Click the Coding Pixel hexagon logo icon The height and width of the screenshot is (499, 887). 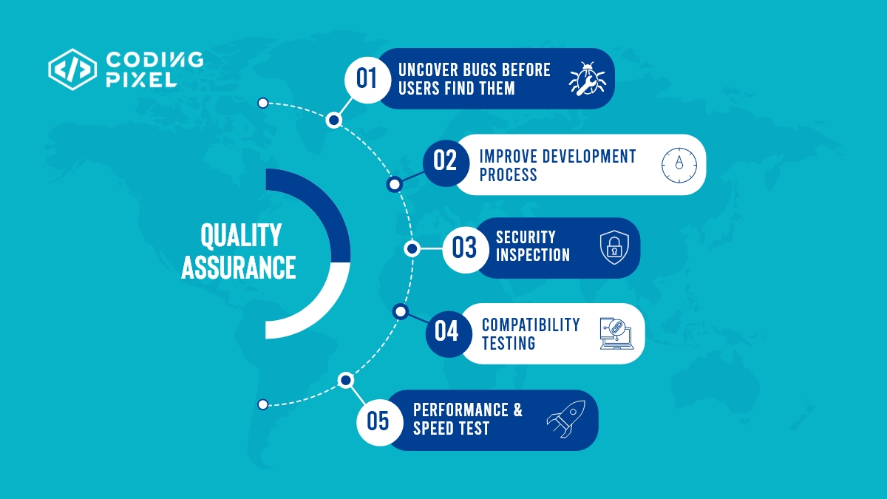72,69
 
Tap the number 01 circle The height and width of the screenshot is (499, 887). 367,78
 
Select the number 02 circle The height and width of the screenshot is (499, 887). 445,160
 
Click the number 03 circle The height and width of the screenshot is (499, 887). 464,248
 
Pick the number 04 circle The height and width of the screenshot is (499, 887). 446,331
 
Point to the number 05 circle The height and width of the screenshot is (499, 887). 378,421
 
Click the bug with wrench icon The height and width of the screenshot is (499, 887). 587,78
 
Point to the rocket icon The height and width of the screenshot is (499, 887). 566,418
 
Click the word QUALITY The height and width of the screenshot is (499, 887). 241,236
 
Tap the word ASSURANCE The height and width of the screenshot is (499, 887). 238,268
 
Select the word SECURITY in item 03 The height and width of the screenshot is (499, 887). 526,237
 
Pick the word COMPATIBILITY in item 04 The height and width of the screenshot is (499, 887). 531,325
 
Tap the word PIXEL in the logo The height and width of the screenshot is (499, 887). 140,80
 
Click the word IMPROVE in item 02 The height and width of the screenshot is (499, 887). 508,157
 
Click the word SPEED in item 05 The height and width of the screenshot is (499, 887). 435,429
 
